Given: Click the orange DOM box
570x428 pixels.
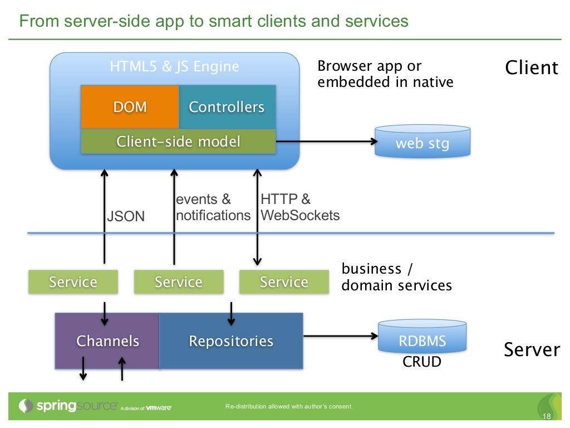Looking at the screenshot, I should point(130,107).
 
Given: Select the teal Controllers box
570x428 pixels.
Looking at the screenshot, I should point(227,107).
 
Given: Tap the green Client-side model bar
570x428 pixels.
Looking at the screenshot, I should point(178,142).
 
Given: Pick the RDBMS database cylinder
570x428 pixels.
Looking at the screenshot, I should point(422,337).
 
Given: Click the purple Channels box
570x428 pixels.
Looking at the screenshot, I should point(107,341).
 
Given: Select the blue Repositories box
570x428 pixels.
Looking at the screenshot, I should point(231,341).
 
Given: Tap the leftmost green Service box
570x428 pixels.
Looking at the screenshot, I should point(73,282).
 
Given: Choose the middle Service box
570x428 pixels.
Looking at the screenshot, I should point(178,282).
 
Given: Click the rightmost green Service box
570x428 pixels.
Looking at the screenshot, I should point(284,282).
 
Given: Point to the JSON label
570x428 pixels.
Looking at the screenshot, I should point(126,216).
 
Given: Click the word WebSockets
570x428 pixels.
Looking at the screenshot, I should point(300,215).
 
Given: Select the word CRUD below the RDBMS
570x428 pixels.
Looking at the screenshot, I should point(422,362).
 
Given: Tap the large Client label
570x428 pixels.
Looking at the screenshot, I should point(531,68).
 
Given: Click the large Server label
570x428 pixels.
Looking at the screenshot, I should point(531,350).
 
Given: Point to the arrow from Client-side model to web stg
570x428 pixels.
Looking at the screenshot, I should point(326,142).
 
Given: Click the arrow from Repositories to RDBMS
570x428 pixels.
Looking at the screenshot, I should point(340,336).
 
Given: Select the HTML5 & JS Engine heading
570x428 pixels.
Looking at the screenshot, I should point(174,67).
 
